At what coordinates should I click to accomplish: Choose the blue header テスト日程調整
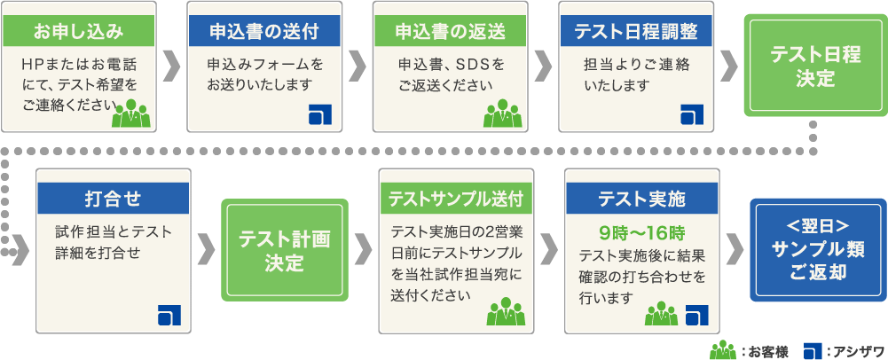[636, 32]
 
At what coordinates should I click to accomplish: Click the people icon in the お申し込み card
[132, 113]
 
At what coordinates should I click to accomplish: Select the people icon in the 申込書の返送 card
[502, 113]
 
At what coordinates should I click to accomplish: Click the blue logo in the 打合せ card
[168, 316]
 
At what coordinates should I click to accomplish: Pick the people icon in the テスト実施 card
[661, 313]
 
